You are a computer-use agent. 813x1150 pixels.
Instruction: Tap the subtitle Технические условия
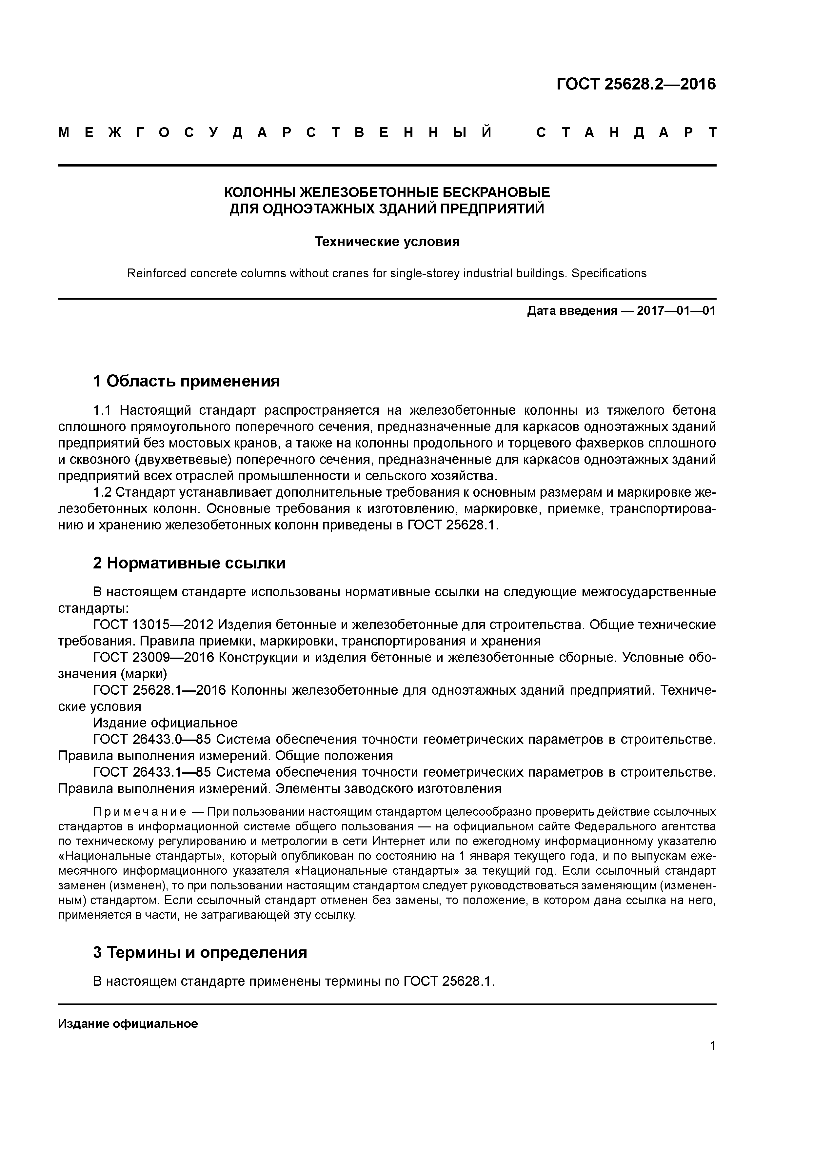click(387, 242)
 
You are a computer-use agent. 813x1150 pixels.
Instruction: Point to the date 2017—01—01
click(676, 311)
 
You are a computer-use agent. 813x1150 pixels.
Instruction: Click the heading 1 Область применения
click(186, 381)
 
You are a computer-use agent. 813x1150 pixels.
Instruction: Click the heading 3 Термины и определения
click(200, 952)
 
